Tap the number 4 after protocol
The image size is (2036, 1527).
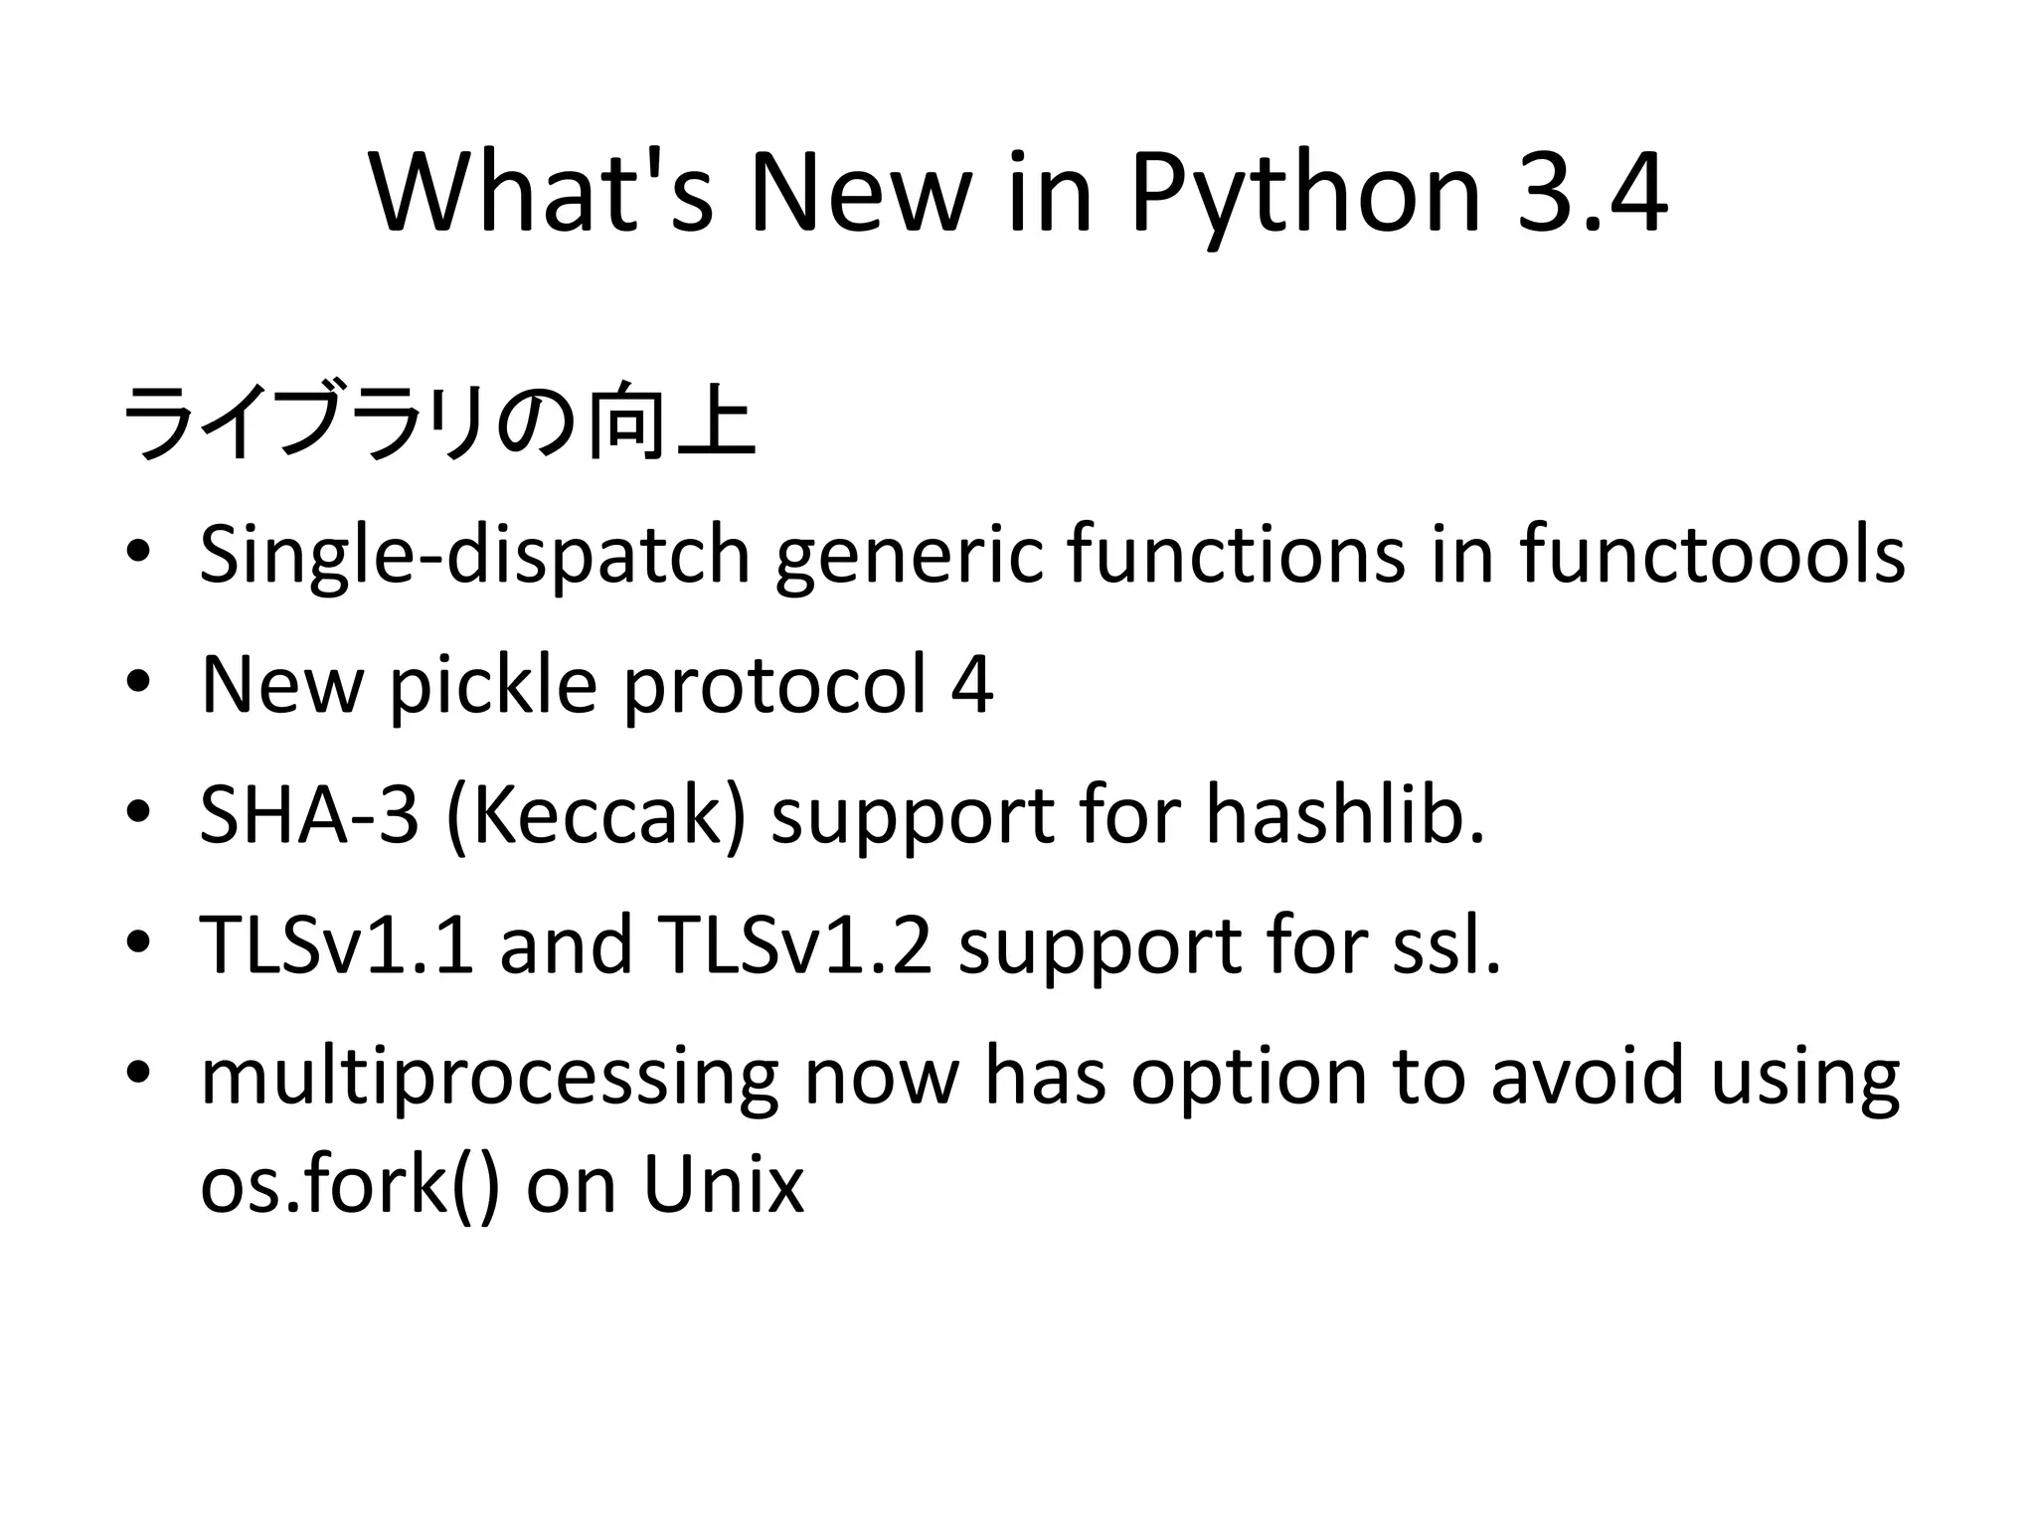[x=971, y=685]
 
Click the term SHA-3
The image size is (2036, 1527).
[x=309, y=815]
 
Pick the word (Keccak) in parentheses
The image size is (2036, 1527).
[x=596, y=815]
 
